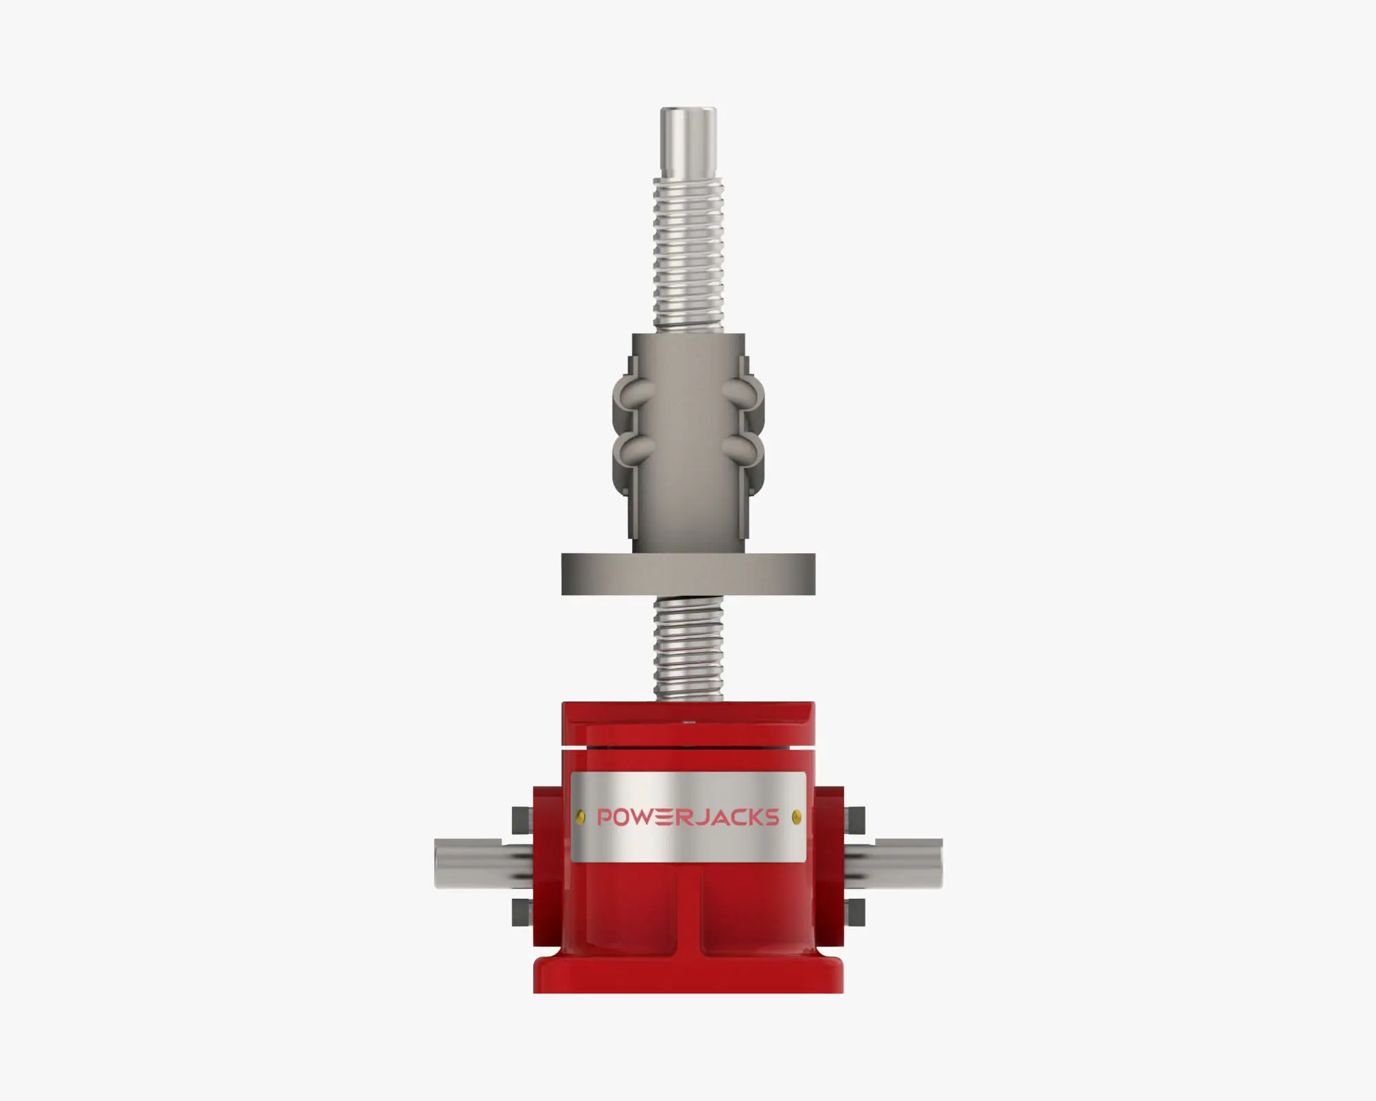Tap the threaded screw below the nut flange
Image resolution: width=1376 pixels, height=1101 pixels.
pos(688,647)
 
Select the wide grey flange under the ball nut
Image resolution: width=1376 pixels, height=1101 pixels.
pos(688,574)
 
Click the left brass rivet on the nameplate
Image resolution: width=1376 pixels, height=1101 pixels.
pos(581,817)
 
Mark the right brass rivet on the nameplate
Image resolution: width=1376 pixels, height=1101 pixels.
pos(797,817)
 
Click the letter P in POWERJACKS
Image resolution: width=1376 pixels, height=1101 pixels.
pos(605,817)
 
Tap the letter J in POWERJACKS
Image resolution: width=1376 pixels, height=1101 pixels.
pos(703,817)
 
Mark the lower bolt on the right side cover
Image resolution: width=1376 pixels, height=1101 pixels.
pos(857,912)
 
